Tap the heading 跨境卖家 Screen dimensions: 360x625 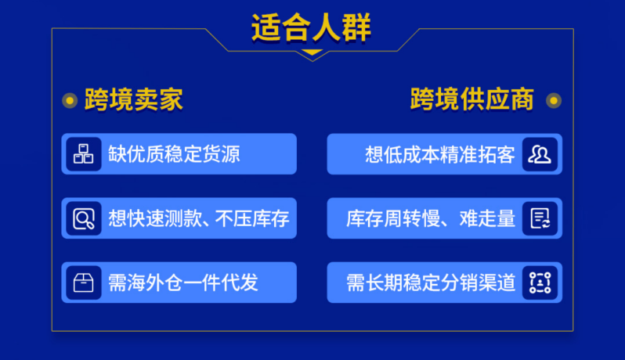click(x=134, y=100)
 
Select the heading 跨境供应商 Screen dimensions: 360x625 click(x=471, y=100)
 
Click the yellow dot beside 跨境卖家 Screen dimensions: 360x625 click(x=70, y=100)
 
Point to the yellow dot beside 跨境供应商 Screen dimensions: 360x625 click(x=553, y=100)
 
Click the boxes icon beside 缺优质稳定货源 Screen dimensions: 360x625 click(x=84, y=153)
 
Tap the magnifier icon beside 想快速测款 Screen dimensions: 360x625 click(x=84, y=218)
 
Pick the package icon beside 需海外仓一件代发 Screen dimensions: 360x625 click(x=84, y=283)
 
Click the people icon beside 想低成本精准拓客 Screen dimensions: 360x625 click(x=540, y=153)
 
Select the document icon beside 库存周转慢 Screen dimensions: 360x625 click(x=540, y=218)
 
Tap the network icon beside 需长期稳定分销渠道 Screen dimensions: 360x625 click(x=540, y=283)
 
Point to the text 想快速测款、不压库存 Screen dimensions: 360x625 click(x=198, y=218)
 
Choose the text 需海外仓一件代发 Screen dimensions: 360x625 click(x=182, y=283)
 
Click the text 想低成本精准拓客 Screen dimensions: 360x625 click(x=440, y=153)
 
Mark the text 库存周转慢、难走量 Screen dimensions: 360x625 click(x=432, y=218)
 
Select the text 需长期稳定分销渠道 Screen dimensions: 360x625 click(x=432, y=283)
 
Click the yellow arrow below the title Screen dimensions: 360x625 click(x=312, y=54)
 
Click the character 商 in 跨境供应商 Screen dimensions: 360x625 click(x=521, y=100)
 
